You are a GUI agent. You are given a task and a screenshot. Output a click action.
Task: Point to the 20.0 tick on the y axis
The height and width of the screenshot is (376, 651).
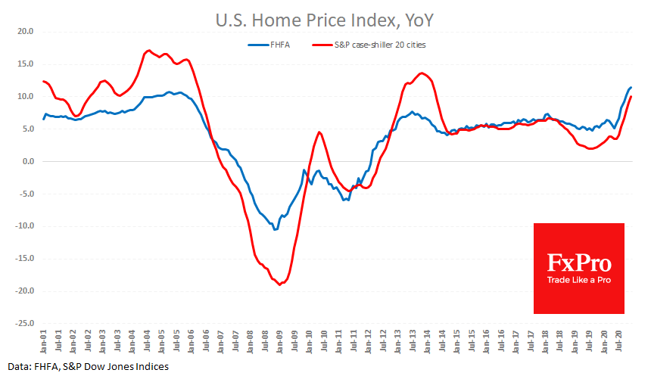click(x=27, y=32)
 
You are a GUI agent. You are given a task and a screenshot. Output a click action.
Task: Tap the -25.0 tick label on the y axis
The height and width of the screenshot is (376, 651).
click(x=26, y=323)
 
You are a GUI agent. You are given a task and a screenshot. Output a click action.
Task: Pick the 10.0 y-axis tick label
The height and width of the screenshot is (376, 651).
click(x=27, y=96)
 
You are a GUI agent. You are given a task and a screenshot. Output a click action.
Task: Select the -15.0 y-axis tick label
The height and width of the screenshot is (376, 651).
click(x=26, y=259)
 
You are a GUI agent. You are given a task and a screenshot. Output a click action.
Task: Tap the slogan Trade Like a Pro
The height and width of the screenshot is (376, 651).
click(x=579, y=280)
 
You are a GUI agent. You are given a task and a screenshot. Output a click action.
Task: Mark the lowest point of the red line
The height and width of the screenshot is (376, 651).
click(x=279, y=284)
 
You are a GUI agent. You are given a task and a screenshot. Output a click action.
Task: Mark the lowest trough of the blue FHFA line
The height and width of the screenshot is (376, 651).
click(x=275, y=229)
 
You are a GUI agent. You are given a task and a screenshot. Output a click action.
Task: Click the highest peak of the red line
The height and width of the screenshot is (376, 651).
click(x=148, y=51)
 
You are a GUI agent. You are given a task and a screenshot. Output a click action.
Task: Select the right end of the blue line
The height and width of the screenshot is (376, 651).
click(x=631, y=88)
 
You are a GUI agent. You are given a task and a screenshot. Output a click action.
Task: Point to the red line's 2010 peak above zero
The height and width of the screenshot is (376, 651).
click(x=319, y=132)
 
